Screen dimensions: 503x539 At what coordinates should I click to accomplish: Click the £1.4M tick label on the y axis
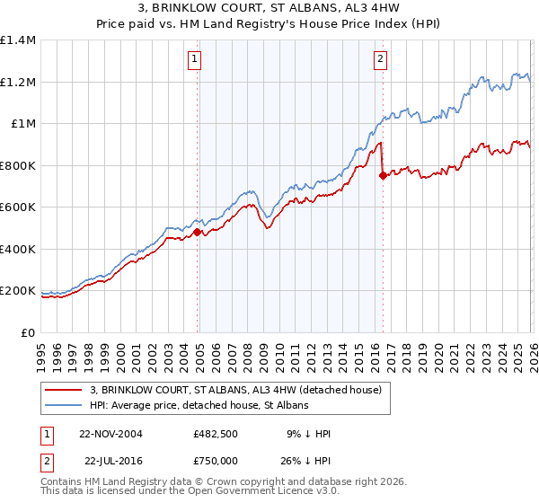pos(17,40)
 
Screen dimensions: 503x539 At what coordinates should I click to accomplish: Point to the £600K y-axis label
pos(17,207)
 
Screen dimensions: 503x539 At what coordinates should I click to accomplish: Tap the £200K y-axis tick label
pos(17,291)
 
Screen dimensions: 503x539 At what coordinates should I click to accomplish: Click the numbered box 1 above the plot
pos(195,60)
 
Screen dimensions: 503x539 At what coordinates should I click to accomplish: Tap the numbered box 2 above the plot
pos(381,60)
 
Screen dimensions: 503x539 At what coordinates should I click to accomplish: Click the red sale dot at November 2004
pos(198,232)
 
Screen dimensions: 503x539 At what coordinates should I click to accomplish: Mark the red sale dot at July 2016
pos(383,176)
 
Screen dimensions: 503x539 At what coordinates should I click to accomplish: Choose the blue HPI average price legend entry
pos(199,406)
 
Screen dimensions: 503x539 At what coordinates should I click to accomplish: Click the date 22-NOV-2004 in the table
pos(110,434)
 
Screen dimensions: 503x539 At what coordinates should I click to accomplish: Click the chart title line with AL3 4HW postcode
pos(269,9)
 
